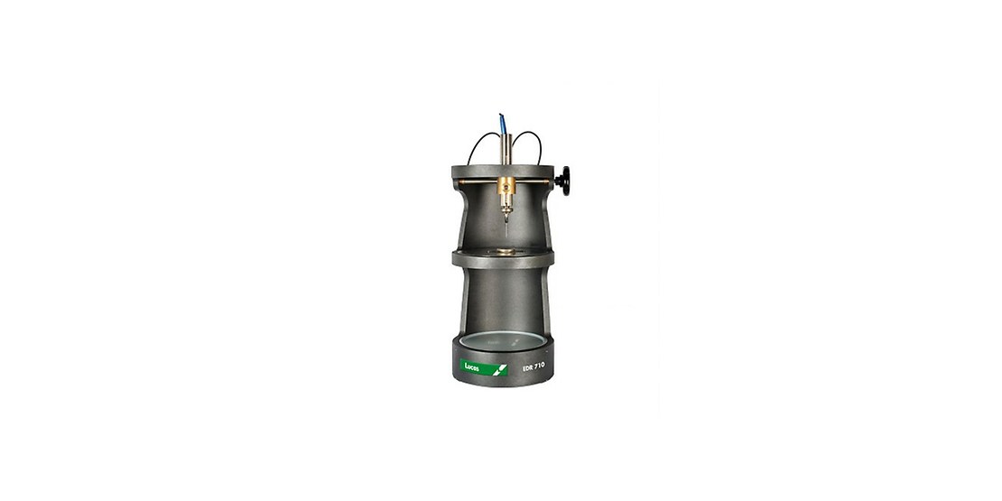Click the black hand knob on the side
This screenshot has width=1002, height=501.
[x=563, y=181]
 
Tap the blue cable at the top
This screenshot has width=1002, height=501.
[x=502, y=123]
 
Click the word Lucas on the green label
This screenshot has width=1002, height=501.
[x=472, y=367]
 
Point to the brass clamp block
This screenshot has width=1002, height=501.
[x=506, y=186]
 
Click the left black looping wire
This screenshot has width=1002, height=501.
[x=478, y=144]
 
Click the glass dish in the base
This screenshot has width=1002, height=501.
[x=503, y=341]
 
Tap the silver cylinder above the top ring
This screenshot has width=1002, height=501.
[x=506, y=149]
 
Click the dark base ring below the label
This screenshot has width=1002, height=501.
[x=503, y=380]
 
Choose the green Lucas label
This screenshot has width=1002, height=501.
[x=484, y=367]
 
